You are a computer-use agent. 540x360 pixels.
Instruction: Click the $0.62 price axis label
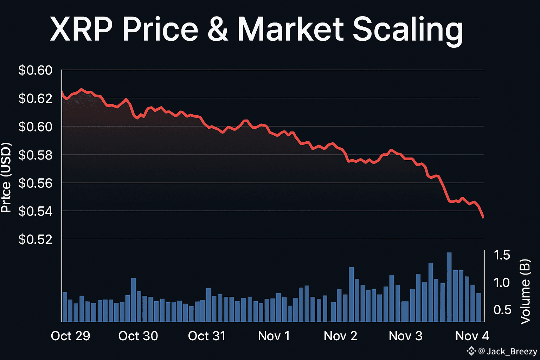click(x=35, y=98)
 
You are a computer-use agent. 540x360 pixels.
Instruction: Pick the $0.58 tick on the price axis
click(x=35, y=155)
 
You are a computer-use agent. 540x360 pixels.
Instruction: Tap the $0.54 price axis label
click(x=35, y=211)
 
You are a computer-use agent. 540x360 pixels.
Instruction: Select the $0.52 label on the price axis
click(x=35, y=239)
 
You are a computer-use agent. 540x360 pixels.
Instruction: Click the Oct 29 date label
click(x=71, y=336)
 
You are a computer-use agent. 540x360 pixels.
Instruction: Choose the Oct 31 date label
click(x=207, y=336)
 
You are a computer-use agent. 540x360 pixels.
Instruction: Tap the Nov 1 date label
click(x=274, y=336)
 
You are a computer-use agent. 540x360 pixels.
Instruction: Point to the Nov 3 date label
click(x=405, y=336)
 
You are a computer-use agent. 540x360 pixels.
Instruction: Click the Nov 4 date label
click(x=472, y=336)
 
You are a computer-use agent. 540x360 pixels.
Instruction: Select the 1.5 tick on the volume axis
click(x=502, y=255)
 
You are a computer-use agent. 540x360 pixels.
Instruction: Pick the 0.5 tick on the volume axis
click(x=502, y=310)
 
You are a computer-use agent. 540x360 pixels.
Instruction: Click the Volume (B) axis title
click(x=525, y=291)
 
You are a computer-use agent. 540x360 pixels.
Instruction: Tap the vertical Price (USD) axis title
click(x=6, y=178)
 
